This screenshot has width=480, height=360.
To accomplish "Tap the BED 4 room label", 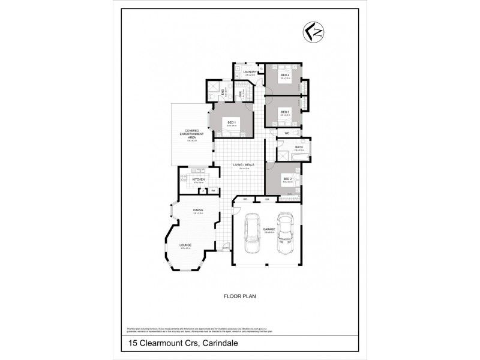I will [285, 75].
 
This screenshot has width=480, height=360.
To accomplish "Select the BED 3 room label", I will [285, 112].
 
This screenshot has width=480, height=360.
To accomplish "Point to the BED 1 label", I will [231, 122].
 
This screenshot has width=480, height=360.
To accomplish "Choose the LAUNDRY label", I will [251, 72].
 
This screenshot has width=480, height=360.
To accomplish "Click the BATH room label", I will [299, 148].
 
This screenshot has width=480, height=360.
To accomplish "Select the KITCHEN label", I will [199, 179].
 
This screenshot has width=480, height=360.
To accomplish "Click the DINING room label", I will [197, 210].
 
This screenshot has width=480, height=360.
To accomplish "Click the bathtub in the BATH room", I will [298, 157].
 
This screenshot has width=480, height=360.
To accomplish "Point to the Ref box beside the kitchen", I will [213, 190].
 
